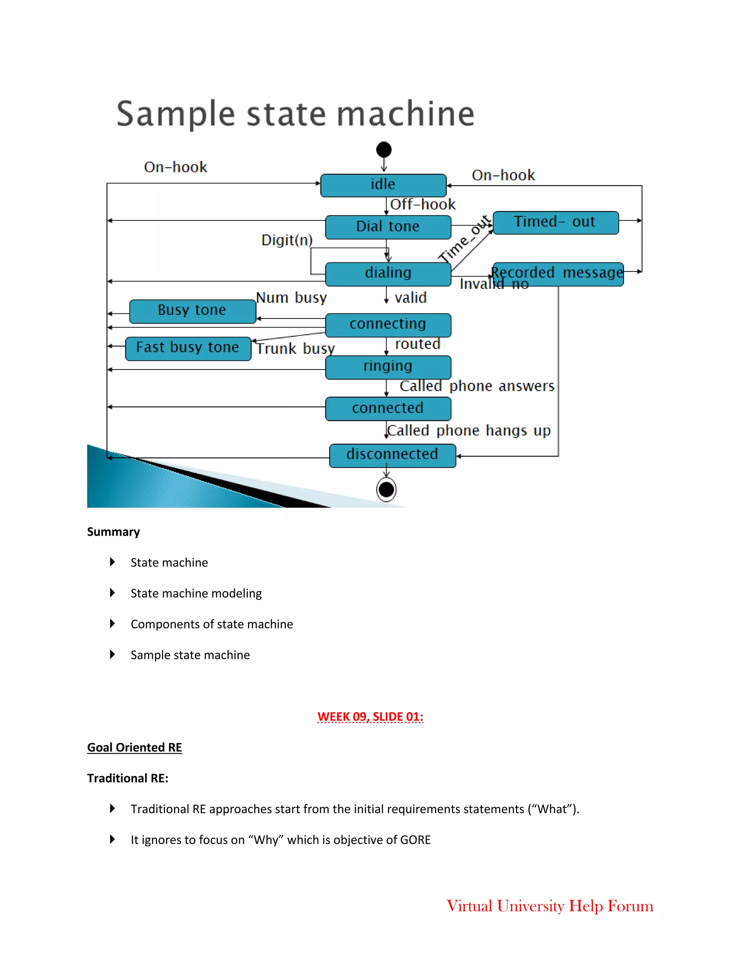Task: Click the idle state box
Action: (383, 185)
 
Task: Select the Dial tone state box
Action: (388, 227)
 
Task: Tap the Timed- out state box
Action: (555, 223)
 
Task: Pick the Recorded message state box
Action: (558, 274)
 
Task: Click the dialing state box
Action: (388, 274)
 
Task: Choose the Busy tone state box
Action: (192, 311)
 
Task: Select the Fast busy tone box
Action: (188, 348)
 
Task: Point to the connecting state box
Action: (388, 325)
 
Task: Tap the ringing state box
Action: (388, 367)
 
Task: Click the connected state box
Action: (388, 408)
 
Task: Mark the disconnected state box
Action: (393, 455)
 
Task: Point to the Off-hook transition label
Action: (423, 204)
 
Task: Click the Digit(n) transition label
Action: (287, 240)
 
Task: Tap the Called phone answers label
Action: (477, 386)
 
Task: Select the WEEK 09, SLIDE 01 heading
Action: (370, 717)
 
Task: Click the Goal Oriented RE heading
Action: (134, 747)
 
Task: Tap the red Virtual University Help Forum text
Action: (550, 906)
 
